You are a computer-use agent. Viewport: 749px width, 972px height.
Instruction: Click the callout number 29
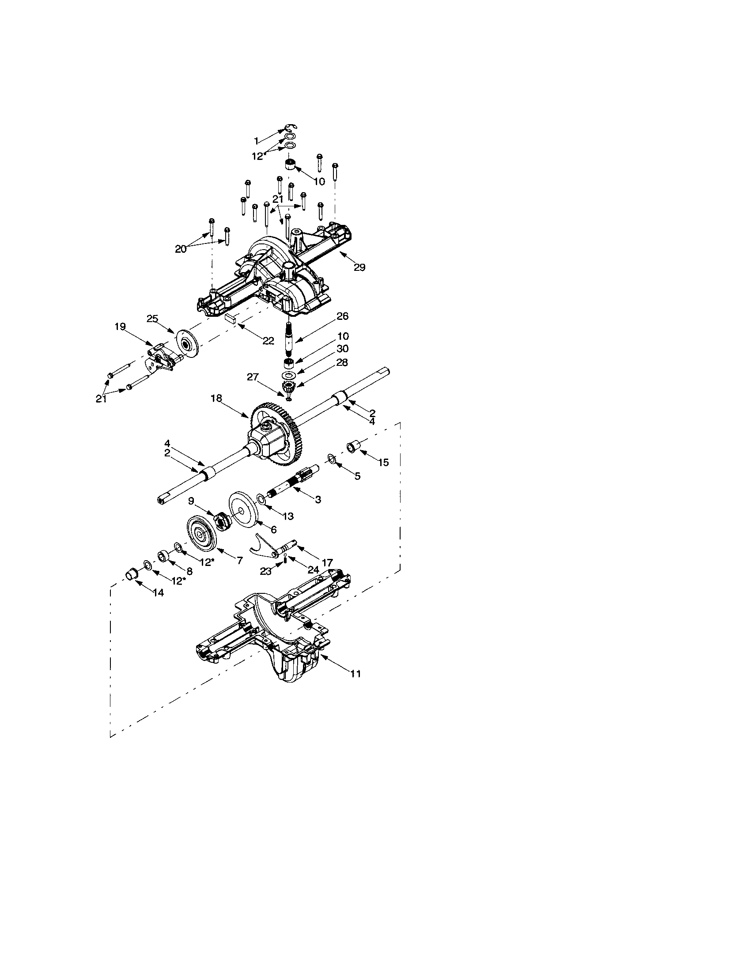click(x=359, y=267)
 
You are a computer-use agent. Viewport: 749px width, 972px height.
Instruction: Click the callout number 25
click(x=152, y=319)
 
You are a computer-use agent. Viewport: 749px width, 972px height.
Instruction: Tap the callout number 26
click(x=342, y=316)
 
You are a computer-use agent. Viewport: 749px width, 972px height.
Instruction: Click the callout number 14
click(x=158, y=592)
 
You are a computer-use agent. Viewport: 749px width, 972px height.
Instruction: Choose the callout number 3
click(x=318, y=500)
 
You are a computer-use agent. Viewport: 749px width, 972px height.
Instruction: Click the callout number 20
click(x=181, y=249)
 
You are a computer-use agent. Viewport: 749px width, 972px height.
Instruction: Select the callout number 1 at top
click(x=256, y=141)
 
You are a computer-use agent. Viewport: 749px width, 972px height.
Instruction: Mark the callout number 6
click(x=273, y=529)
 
